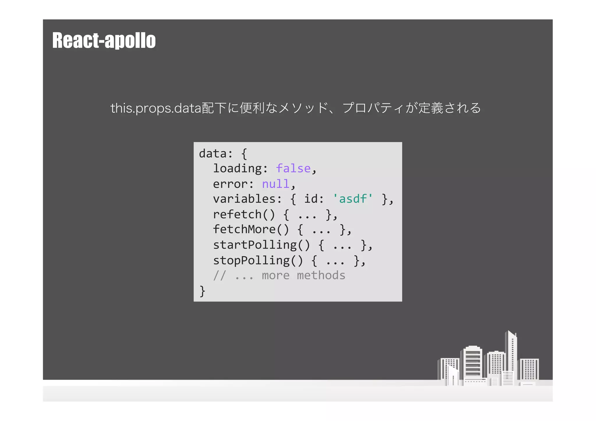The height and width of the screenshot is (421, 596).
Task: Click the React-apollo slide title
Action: (x=104, y=40)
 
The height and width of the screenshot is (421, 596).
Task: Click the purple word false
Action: (x=293, y=168)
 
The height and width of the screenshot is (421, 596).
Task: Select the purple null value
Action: (x=275, y=184)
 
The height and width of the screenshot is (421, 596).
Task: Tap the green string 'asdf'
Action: (x=353, y=199)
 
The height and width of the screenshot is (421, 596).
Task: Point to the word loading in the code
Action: (x=237, y=169)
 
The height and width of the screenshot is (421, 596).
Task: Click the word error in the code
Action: (x=230, y=184)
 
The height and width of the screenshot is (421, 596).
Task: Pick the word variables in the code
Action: (x=244, y=199)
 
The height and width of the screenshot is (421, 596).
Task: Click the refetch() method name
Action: (x=244, y=214)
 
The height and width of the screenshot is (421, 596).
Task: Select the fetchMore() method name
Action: (x=251, y=230)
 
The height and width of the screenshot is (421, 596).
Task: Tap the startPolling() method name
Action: (x=261, y=245)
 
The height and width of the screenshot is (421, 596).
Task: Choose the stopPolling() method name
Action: (x=258, y=260)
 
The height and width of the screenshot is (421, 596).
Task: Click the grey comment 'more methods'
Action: (x=303, y=276)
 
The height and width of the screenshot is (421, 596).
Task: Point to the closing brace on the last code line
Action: (x=202, y=291)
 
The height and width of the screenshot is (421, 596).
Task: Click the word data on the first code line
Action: (x=212, y=153)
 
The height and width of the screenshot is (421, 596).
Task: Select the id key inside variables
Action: (x=311, y=199)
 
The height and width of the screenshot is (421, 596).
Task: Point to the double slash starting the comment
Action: (x=219, y=276)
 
